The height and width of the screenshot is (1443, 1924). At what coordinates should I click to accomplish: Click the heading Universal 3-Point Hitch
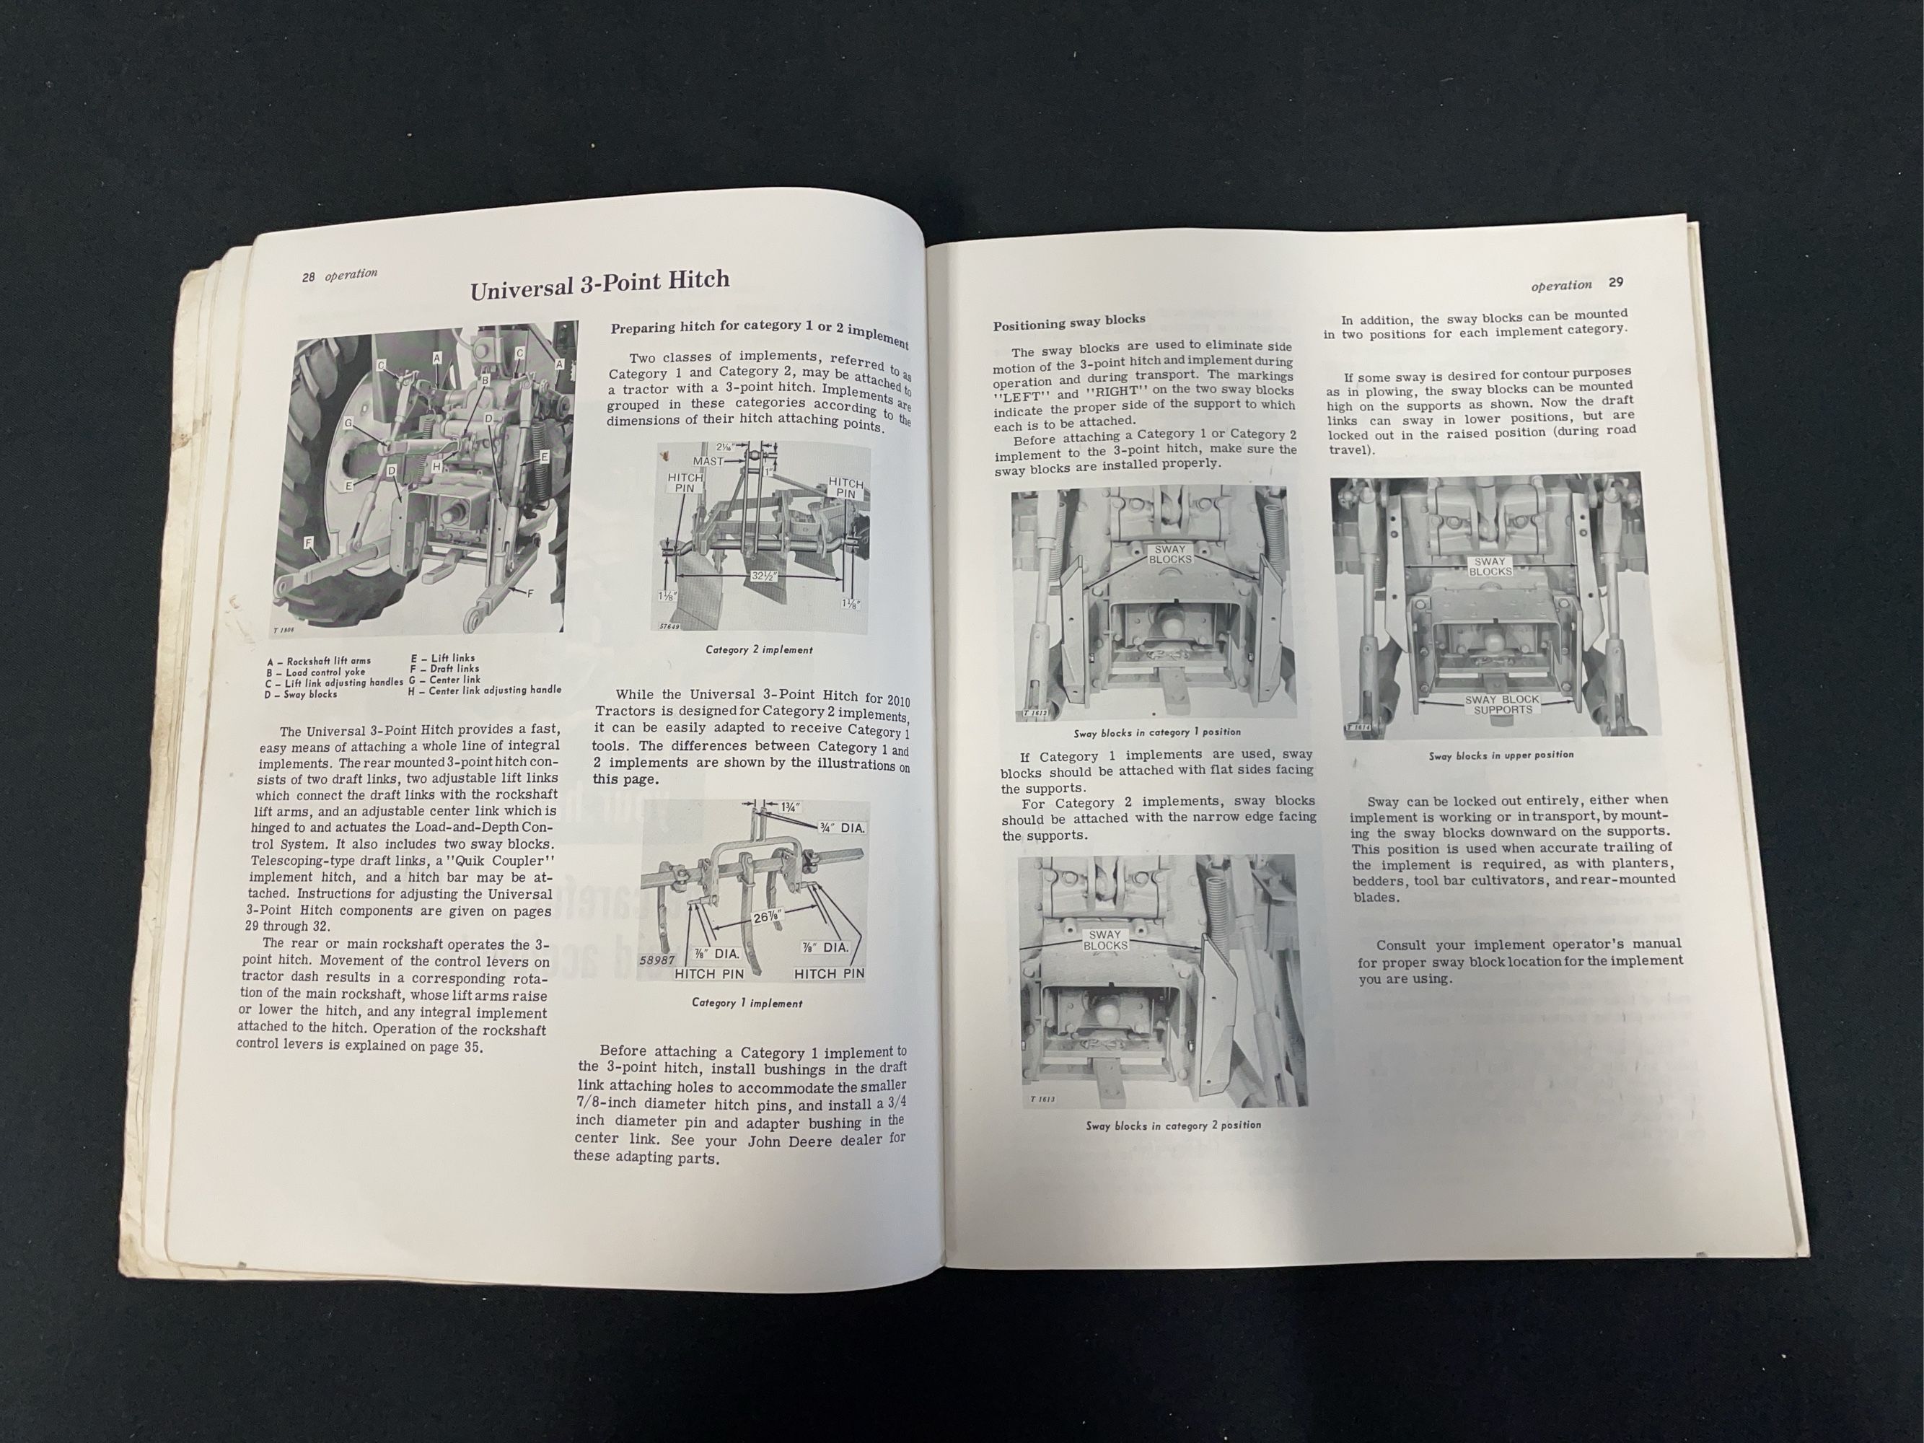[x=599, y=284]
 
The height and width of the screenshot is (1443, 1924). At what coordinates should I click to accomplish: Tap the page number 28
[x=309, y=278]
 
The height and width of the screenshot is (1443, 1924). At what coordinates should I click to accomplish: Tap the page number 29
[x=1615, y=282]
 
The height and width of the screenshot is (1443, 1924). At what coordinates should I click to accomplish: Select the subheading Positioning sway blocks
[x=1069, y=322]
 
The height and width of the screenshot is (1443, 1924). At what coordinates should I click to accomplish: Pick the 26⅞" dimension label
[x=765, y=915]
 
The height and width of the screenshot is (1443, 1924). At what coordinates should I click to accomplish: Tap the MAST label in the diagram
[x=708, y=460]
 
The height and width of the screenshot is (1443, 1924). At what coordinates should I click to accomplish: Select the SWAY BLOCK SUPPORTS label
[x=1502, y=704]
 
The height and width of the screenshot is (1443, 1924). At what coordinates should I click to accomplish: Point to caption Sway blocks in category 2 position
[x=1172, y=1126]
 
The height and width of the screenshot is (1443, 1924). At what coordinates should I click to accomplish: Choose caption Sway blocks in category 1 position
[x=1157, y=732]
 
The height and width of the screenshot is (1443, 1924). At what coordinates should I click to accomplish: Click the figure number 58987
[x=656, y=960]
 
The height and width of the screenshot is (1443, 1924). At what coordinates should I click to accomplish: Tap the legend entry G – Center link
[x=444, y=680]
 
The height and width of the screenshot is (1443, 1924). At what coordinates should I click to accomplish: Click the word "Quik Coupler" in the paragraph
[x=504, y=861]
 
